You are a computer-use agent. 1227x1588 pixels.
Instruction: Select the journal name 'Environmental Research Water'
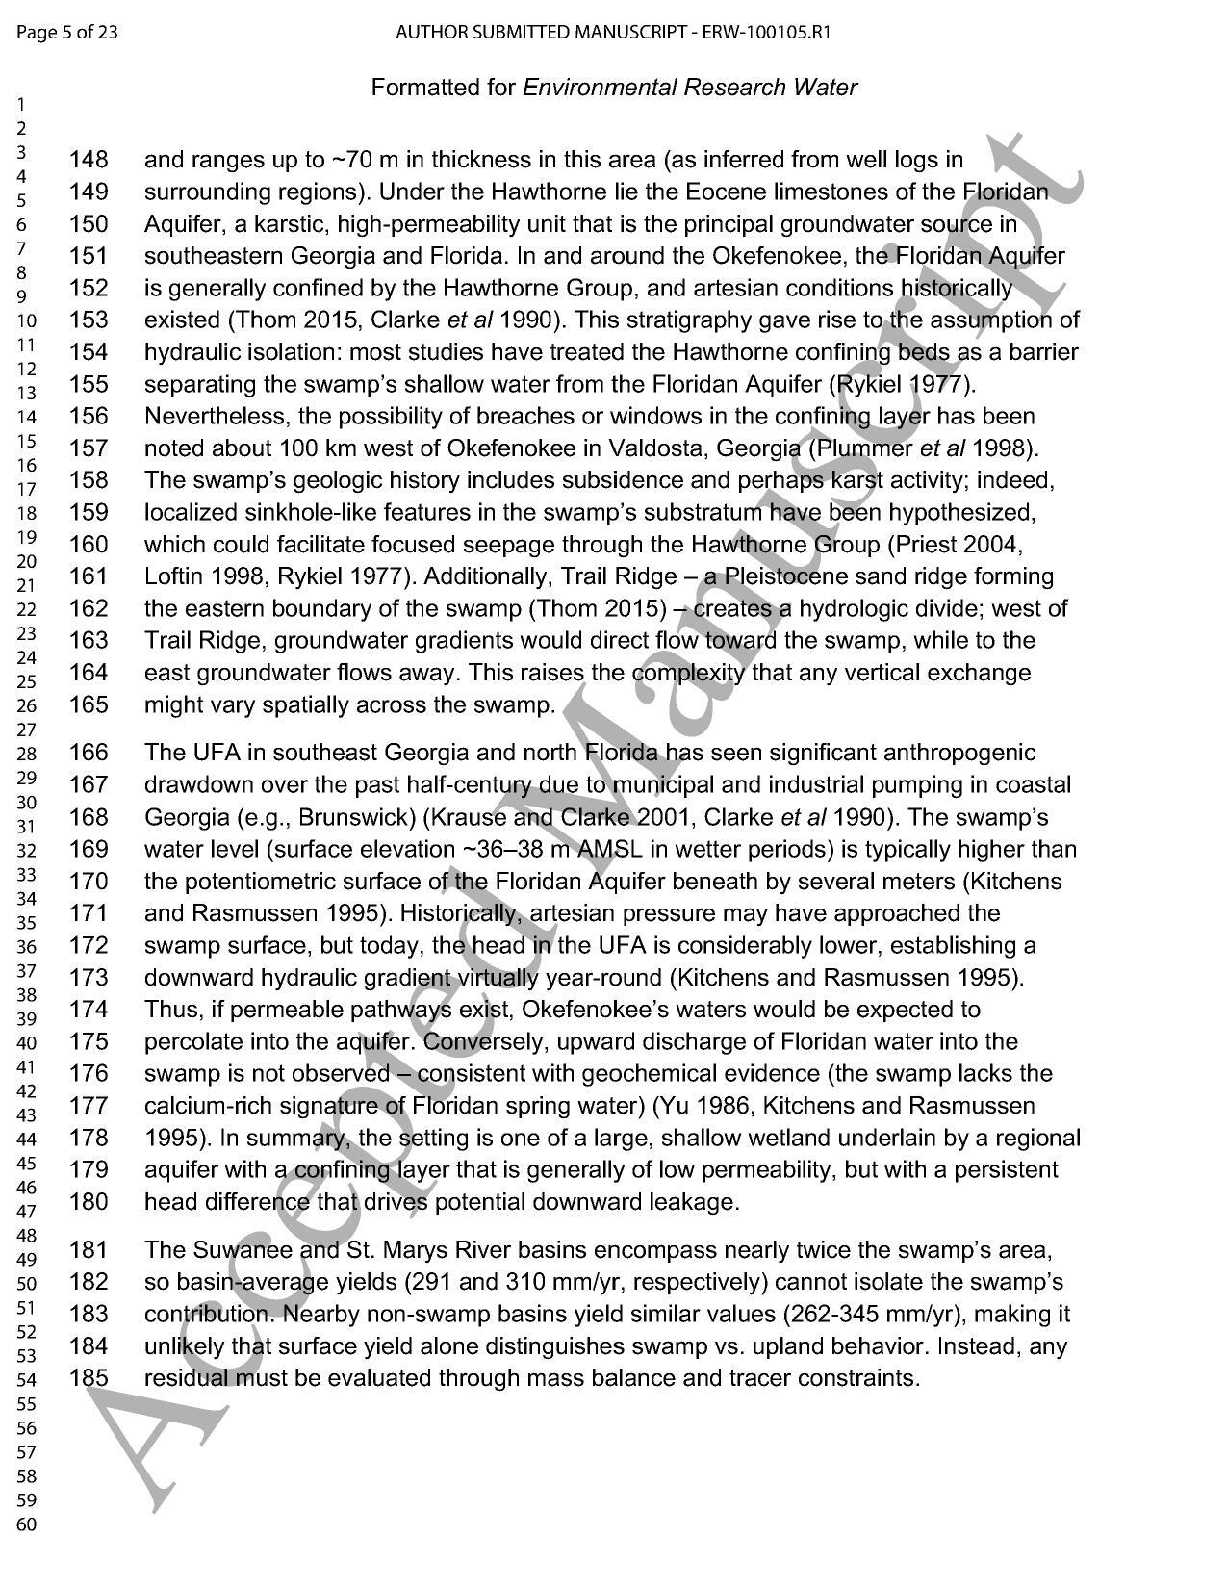(689, 88)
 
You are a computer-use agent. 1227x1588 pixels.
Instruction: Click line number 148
(89, 160)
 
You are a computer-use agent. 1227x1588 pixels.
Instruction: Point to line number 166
(89, 753)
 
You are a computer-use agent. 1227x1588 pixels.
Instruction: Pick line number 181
(89, 1250)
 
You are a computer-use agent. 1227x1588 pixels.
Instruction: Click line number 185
(89, 1378)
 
